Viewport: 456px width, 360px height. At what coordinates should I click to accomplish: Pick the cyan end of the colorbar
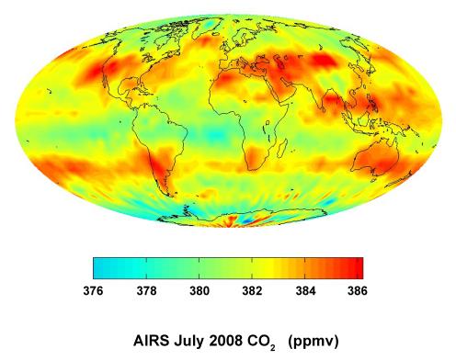pos(97,266)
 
